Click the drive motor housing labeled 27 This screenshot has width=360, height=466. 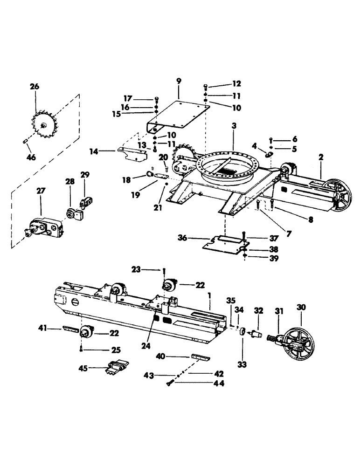tap(43, 227)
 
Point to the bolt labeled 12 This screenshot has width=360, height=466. tap(206, 87)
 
